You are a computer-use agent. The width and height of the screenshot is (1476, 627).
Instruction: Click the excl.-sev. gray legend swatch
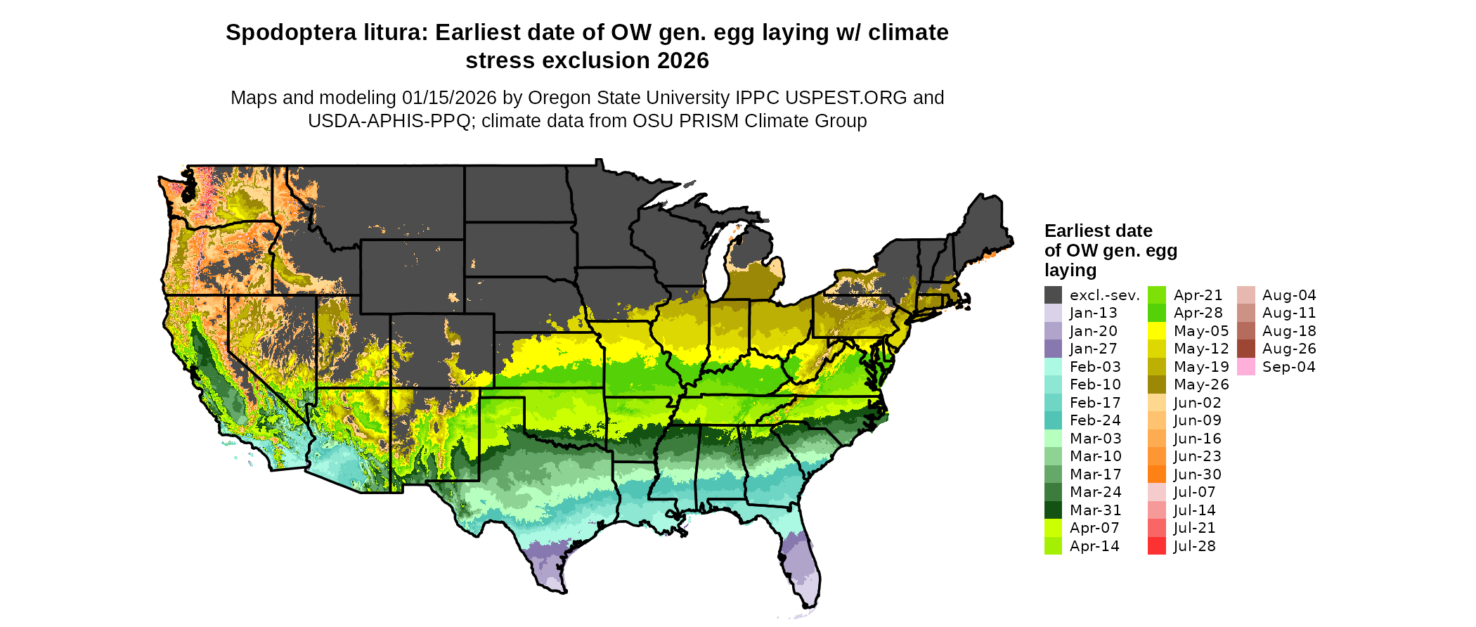(1053, 295)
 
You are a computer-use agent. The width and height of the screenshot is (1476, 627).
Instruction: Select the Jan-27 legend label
(1093, 349)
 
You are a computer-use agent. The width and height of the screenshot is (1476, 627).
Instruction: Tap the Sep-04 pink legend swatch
(1245, 367)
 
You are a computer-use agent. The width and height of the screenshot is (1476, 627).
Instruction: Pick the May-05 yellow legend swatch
(1156, 331)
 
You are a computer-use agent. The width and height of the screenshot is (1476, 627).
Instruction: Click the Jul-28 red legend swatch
(1156, 546)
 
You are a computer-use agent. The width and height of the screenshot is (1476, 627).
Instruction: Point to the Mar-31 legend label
(1095, 510)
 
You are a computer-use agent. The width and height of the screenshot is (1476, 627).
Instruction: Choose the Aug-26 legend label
(1289, 349)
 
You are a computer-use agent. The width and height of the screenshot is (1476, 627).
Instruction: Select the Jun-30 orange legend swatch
(1156, 474)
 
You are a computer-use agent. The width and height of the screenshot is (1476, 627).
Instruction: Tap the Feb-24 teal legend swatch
(1053, 420)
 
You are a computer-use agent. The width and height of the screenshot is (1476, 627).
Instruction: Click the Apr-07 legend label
(1094, 528)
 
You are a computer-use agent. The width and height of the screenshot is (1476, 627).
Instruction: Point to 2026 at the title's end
(683, 61)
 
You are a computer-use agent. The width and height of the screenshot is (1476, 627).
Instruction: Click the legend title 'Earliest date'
(1098, 231)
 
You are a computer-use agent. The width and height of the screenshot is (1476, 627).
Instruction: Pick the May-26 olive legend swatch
(1156, 384)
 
